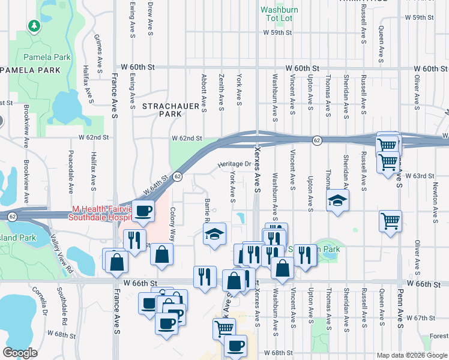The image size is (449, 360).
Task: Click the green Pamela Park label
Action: [x=47, y=58]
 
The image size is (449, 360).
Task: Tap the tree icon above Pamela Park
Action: [x=35, y=26]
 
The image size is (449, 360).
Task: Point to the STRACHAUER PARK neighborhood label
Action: [x=170, y=109]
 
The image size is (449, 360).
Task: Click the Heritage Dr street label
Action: [x=234, y=164]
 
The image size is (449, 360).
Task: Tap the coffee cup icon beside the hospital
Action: [x=143, y=211]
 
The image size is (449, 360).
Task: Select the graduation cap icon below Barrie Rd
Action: [x=214, y=234]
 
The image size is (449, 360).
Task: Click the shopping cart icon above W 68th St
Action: [x=223, y=328]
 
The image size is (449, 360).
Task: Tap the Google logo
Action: [x=20, y=352]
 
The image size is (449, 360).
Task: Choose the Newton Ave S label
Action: [x=436, y=201]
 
